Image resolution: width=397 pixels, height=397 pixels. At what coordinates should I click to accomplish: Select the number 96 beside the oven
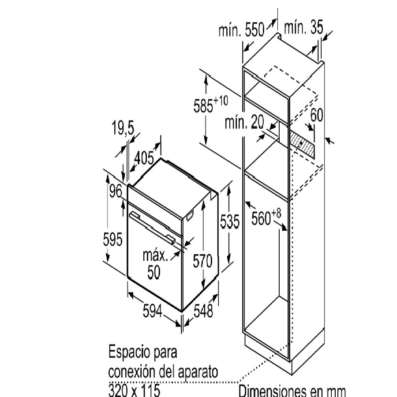[x=116, y=192]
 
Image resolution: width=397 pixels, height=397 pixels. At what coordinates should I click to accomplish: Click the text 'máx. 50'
[x=154, y=264]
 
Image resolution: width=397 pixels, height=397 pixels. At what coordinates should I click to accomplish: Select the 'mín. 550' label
[x=241, y=30]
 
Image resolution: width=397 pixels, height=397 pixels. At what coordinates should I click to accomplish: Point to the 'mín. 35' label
[x=303, y=28]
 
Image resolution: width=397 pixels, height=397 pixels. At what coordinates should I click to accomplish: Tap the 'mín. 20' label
[x=244, y=123]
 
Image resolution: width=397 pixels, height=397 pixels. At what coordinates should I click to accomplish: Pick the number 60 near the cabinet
[x=316, y=116]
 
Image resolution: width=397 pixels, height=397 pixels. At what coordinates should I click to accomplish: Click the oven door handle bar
[x=151, y=226]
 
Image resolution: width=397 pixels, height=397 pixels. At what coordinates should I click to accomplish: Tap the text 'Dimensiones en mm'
[x=292, y=391]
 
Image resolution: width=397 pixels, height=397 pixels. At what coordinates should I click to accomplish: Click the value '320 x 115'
[x=134, y=390]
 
